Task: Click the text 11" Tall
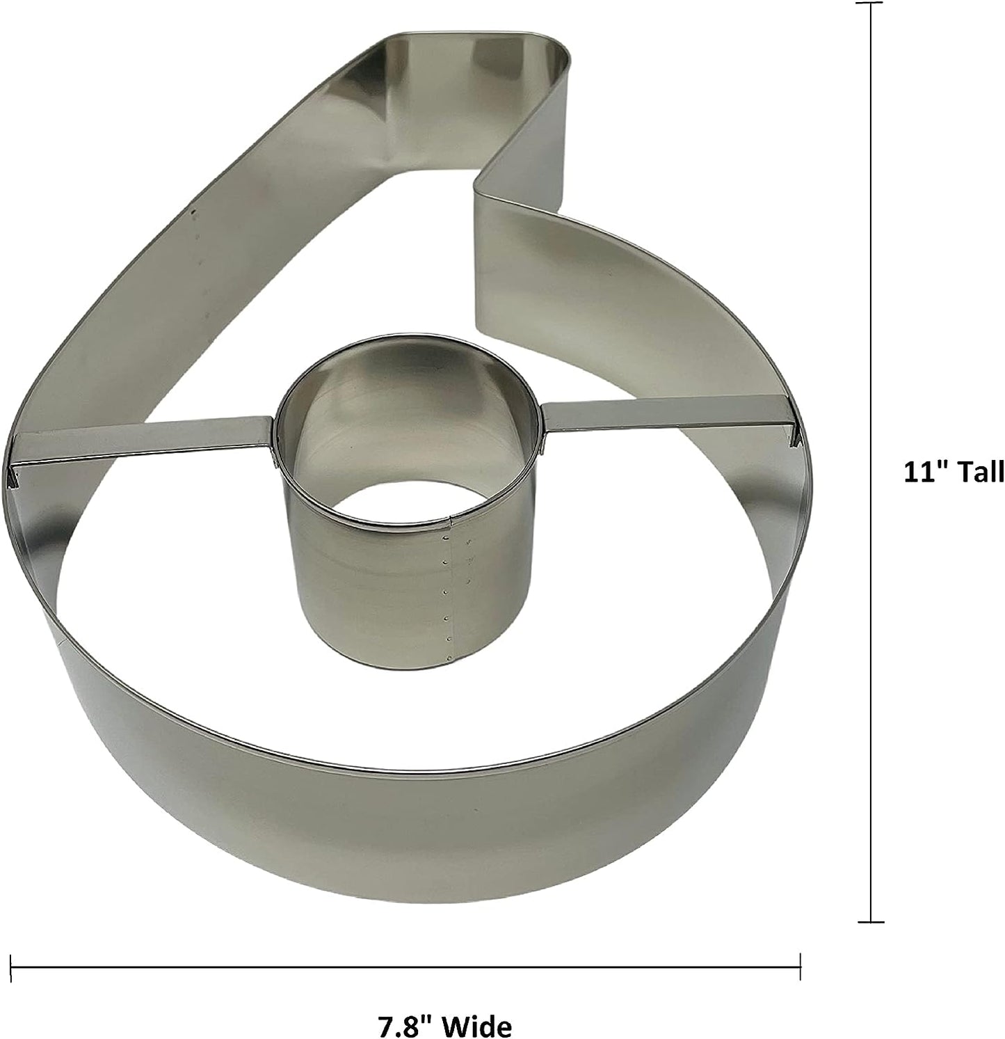point(954,473)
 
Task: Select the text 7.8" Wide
point(444,1025)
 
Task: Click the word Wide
point(478,1025)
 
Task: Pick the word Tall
point(980,473)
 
